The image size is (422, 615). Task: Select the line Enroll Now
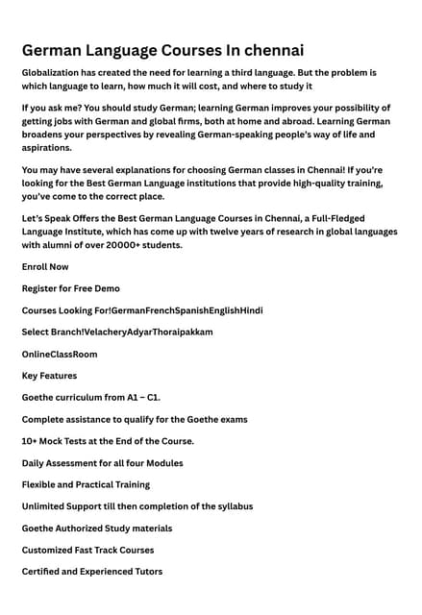coord(45,266)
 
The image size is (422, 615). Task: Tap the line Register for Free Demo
coord(70,288)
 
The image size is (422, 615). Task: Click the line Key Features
coord(49,376)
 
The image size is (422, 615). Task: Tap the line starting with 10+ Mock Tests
coord(108,441)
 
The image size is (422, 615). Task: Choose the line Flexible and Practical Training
coord(86,484)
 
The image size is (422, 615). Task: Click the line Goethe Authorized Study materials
coord(97,529)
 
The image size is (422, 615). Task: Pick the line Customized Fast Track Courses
coord(87,550)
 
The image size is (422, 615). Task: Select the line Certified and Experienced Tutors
coord(91,572)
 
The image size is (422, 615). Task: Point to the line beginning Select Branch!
coord(117,332)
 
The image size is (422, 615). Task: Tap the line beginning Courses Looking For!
coord(142,310)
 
